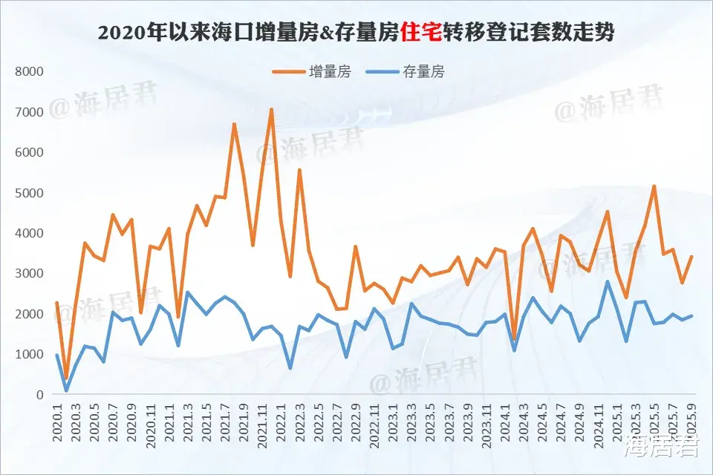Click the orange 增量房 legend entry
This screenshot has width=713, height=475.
(310, 72)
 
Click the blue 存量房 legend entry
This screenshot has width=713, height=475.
(407, 72)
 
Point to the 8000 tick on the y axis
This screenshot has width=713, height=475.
(30, 72)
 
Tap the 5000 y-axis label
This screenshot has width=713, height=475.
(30, 193)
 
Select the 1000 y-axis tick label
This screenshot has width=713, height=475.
(30, 355)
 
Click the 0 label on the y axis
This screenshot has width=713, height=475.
(39, 395)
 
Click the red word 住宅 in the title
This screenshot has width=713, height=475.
(420, 33)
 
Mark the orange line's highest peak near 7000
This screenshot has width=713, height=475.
(271, 110)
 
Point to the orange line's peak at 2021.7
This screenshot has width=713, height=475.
(234, 125)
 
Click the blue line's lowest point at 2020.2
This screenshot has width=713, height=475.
(66, 390)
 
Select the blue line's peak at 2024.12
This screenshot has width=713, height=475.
(608, 281)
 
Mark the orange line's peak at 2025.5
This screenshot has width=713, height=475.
(654, 186)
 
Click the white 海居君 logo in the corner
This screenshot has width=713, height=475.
(661, 448)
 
